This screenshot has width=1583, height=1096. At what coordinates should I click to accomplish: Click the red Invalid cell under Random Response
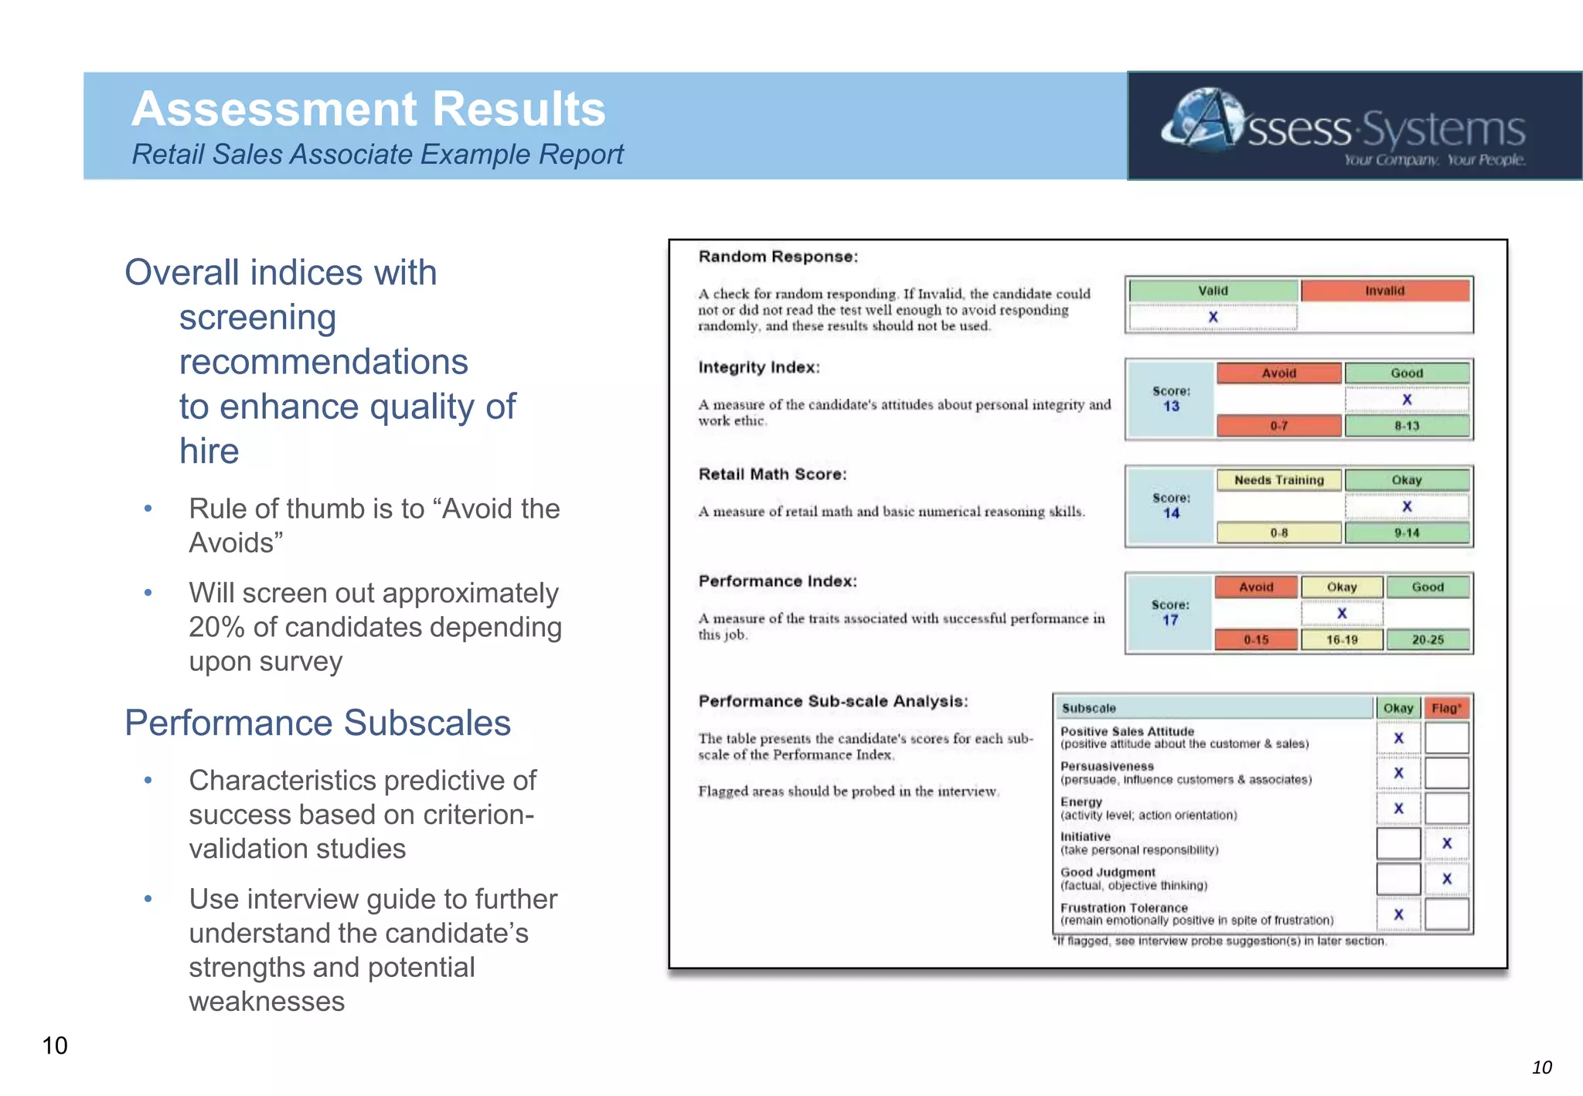tap(1384, 291)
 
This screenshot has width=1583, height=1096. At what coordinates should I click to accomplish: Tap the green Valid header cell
tap(1213, 291)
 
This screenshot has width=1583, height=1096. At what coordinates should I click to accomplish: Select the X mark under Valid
tap(1213, 317)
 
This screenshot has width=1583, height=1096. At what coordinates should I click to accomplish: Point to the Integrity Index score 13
tap(1171, 407)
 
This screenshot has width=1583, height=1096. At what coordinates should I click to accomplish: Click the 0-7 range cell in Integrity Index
tap(1278, 426)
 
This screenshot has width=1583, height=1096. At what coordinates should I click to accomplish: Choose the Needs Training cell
tap(1278, 480)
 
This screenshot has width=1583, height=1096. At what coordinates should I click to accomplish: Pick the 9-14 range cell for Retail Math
tap(1407, 533)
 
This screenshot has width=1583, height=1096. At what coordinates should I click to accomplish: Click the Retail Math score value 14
tap(1171, 513)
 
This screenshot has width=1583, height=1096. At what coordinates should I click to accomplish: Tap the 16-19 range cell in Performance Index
tap(1342, 640)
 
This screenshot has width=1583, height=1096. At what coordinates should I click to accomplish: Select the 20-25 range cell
tap(1428, 640)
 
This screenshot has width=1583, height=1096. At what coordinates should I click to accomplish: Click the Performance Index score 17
tap(1170, 620)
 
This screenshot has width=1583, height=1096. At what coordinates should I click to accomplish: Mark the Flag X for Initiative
tap(1446, 843)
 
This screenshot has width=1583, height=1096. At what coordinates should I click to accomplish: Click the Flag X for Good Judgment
tap(1446, 879)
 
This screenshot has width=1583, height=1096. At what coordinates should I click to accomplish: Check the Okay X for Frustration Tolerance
tap(1398, 914)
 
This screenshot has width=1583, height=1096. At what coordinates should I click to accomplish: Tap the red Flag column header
tap(1446, 708)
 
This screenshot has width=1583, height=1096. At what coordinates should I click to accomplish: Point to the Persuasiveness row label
tap(1107, 766)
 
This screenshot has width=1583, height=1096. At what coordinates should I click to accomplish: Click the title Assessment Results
tap(368, 109)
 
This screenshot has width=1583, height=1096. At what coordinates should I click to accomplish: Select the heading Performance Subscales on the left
tap(318, 723)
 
